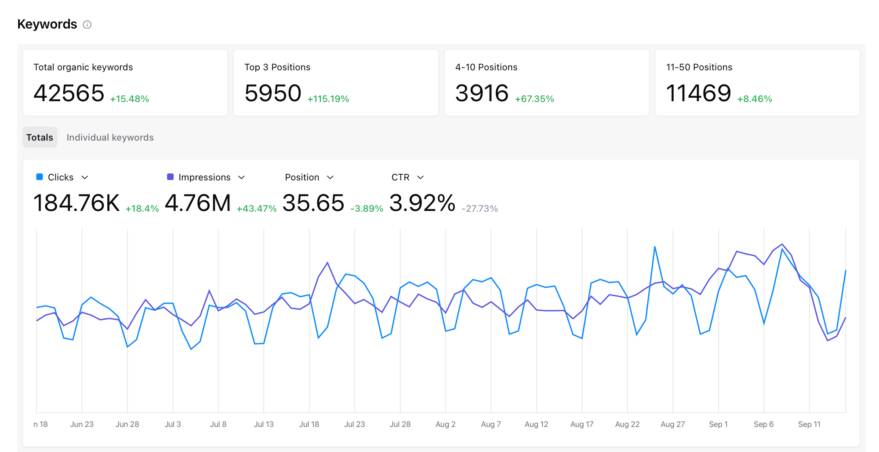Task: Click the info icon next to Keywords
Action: tap(87, 25)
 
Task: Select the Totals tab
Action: tap(40, 137)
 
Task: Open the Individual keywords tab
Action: tap(110, 137)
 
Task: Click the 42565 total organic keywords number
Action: tap(69, 93)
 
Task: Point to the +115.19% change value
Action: tap(328, 99)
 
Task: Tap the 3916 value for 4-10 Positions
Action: tap(482, 93)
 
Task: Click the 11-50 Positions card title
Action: tap(699, 67)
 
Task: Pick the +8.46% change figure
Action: tap(754, 99)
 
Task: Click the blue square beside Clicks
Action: tap(40, 177)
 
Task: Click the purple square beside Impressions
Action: tap(170, 177)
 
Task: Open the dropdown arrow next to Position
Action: tap(331, 177)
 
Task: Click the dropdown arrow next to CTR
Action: tap(420, 177)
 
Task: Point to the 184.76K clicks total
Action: tap(76, 203)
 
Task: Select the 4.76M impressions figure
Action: tap(198, 203)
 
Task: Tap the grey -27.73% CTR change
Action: tap(479, 209)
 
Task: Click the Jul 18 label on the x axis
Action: tap(309, 424)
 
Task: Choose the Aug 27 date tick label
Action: tap(672, 424)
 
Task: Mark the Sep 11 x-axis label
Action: tap(809, 424)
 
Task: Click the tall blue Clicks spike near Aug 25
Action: tap(655, 247)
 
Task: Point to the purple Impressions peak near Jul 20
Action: tap(327, 263)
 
